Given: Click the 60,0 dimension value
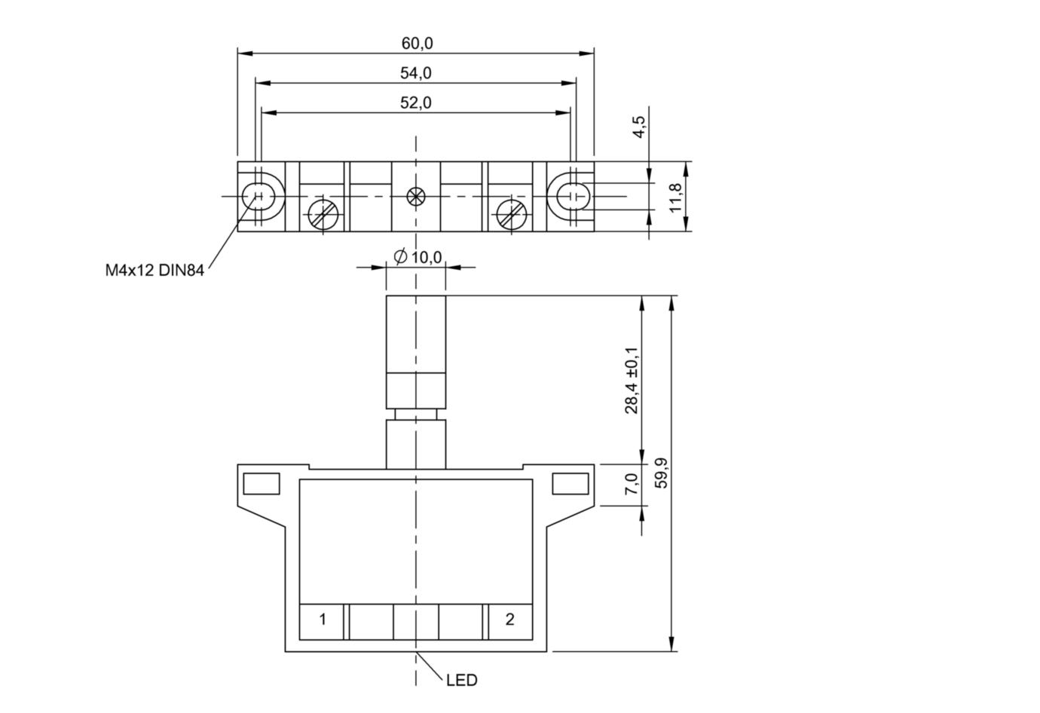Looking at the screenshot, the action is click(x=417, y=44).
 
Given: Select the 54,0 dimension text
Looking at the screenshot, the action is click(x=416, y=73).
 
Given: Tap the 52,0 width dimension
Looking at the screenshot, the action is click(x=416, y=103).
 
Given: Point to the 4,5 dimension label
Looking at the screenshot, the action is click(x=639, y=127).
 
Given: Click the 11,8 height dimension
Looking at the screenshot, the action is click(x=675, y=197).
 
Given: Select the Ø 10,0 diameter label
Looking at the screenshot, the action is click(x=418, y=257).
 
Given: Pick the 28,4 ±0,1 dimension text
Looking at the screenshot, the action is click(x=632, y=380).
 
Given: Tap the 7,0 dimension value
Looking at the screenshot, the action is click(x=632, y=484).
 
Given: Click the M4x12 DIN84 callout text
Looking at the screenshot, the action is click(x=154, y=270).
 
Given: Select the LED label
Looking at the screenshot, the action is click(x=461, y=680).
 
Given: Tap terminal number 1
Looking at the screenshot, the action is click(x=323, y=619).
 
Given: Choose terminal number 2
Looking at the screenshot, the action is click(x=509, y=619).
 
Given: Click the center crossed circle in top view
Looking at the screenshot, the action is click(x=415, y=197).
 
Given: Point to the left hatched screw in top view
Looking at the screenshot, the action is click(x=323, y=215).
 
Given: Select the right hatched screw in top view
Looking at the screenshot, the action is click(x=511, y=215).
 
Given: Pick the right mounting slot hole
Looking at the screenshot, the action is click(x=574, y=197).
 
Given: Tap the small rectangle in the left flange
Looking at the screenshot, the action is click(x=262, y=484).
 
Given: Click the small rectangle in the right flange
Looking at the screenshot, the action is click(x=570, y=484).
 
